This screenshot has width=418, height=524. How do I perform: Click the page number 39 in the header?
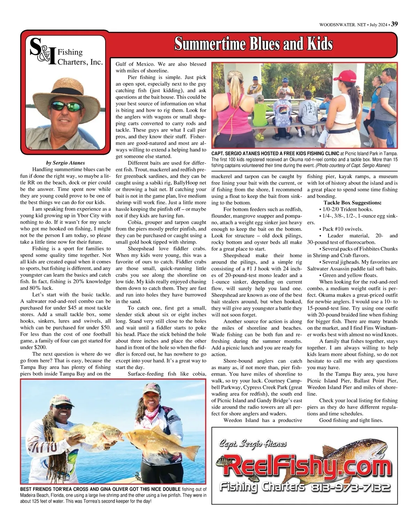click(x=395, y=24)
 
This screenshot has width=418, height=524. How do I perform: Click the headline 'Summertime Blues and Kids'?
click(x=253, y=44)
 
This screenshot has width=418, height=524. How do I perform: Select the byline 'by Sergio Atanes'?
click(x=65, y=163)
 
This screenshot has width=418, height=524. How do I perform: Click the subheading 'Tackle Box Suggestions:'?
click(x=352, y=203)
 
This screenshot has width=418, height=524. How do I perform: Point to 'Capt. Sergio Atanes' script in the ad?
click(x=253, y=443)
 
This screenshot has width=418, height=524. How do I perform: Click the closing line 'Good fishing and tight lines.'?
click(x=351, y=420)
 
